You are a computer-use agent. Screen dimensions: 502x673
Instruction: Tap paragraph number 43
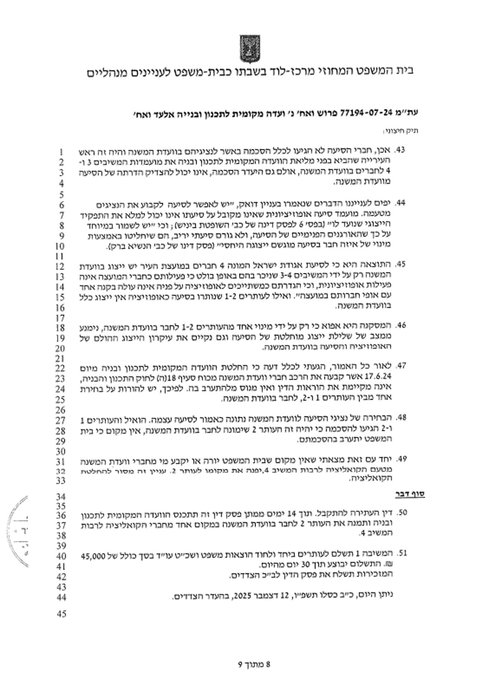click(x=401, y=150)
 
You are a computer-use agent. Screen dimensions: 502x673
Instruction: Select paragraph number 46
click(x=401, y=326)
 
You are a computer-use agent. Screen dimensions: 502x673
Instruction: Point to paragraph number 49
click(x=401, y=458)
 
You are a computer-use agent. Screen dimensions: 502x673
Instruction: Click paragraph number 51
click(x=401, y=553)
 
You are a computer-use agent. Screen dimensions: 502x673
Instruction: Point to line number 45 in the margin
click(x=62, y=614)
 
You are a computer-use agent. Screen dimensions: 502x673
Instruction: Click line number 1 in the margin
click(x=62, y=152)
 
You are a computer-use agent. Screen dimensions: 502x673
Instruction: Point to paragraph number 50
click(x=401, y=512)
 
